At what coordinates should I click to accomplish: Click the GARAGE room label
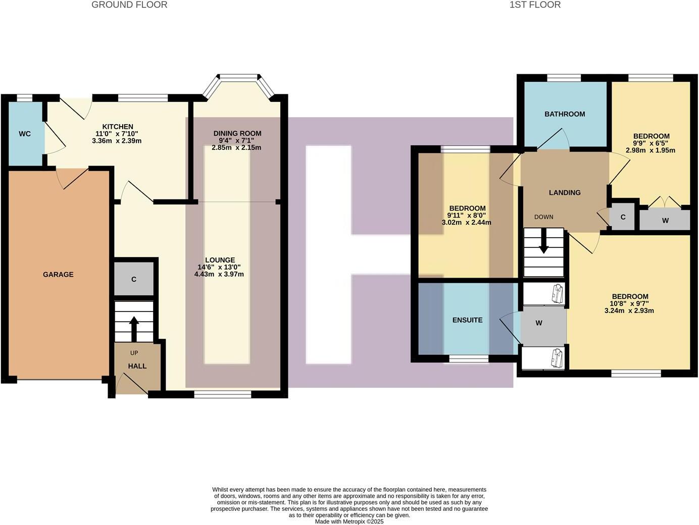[x=58, y=275]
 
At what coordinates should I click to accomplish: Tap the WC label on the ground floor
[x=25, y=134]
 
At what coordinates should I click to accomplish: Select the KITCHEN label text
[x=118, y=127]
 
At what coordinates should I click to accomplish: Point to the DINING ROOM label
[x=237, y=133]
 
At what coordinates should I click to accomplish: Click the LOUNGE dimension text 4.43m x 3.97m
[x=219, y=274]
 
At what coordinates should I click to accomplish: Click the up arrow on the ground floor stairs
[x=134, y=328]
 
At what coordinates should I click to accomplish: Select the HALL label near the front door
[x=137, y=366]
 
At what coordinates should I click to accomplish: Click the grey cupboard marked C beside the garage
[x=134, y=279]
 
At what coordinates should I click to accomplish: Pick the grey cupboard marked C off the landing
[x=623, y=218]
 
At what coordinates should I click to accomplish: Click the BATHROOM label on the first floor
[x=565, y=114]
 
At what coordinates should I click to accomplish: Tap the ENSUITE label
[x=467, y=320]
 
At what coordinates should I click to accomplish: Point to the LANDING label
[x=565, y=192]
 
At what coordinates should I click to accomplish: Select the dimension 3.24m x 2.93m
[x=629, y=310]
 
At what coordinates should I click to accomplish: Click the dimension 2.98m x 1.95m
[x=651, y=150]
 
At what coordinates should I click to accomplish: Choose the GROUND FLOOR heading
[x=129, y=5]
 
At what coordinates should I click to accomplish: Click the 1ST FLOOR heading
[x=535, y=5]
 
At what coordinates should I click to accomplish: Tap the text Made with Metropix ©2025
[x=349, y=521]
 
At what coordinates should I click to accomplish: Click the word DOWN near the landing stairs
[x=543, y=217]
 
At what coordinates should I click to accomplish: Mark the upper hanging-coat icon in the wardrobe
[x=557, y=293]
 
